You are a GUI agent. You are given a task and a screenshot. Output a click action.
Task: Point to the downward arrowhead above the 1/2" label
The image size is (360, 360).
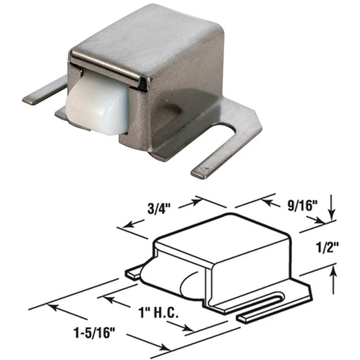point(332,218)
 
